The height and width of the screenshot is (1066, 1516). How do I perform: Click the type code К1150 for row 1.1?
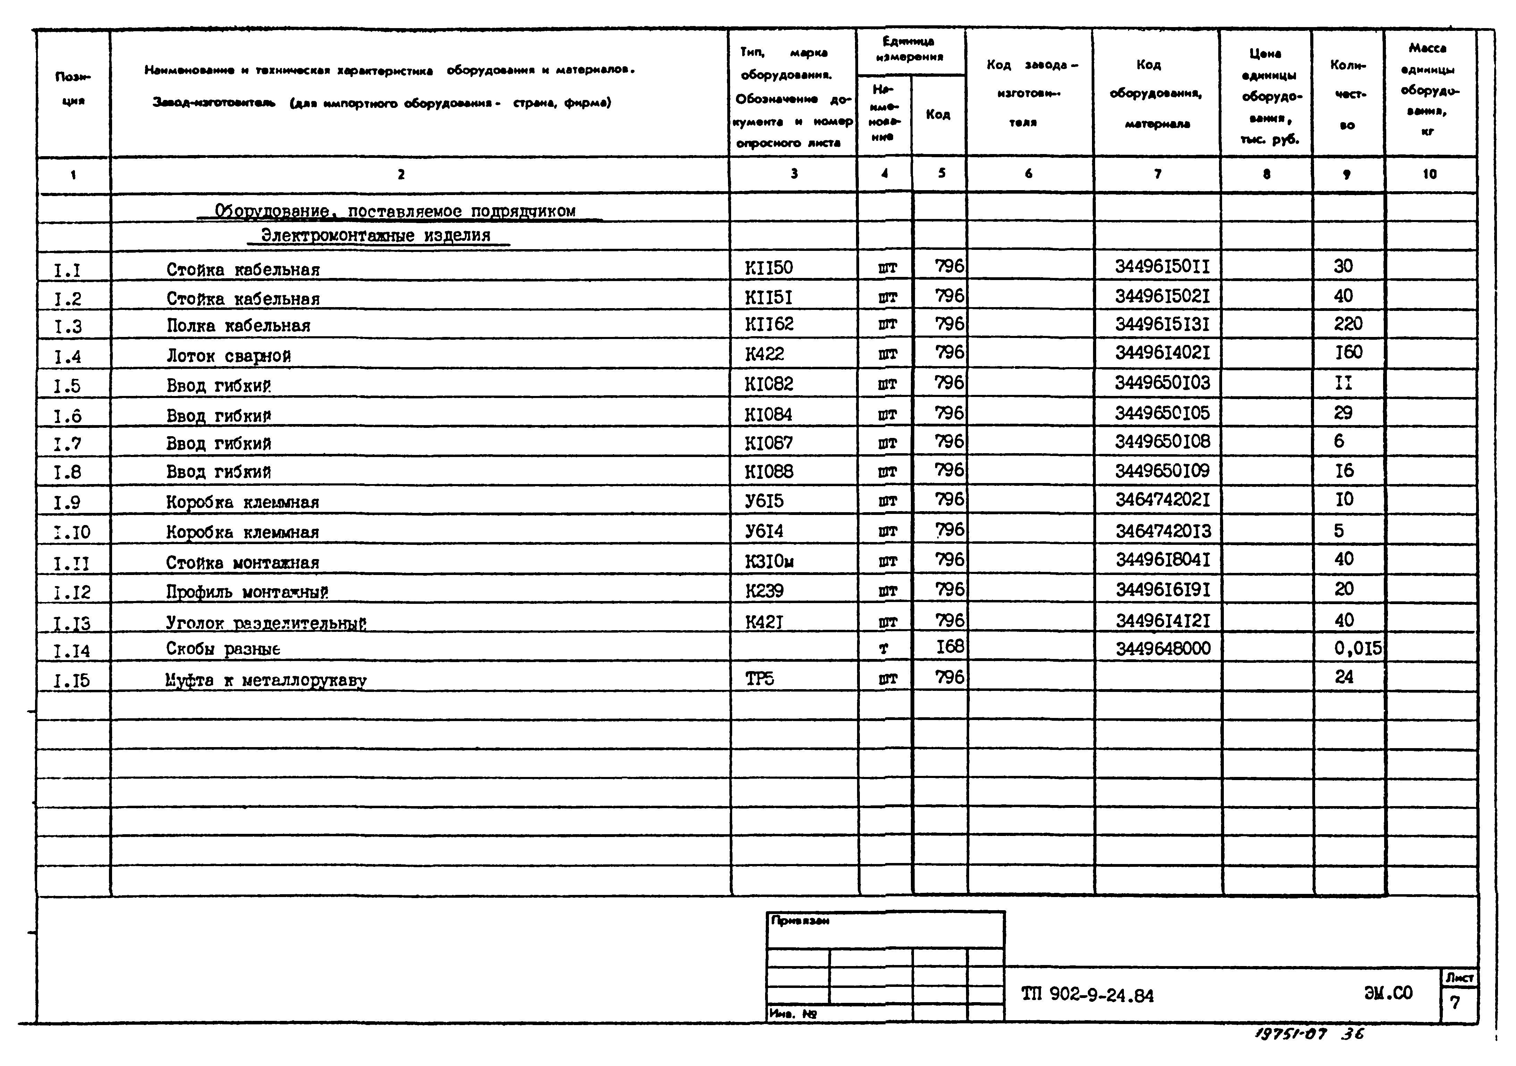769,268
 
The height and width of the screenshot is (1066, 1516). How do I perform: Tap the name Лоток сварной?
228,356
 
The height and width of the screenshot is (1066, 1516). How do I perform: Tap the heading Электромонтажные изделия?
376,236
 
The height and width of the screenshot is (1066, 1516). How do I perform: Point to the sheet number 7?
1455,1002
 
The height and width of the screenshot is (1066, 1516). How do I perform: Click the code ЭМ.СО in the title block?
1388,993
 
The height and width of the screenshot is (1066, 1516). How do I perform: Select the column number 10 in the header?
1430,174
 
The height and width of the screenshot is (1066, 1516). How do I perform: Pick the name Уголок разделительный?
266,623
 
